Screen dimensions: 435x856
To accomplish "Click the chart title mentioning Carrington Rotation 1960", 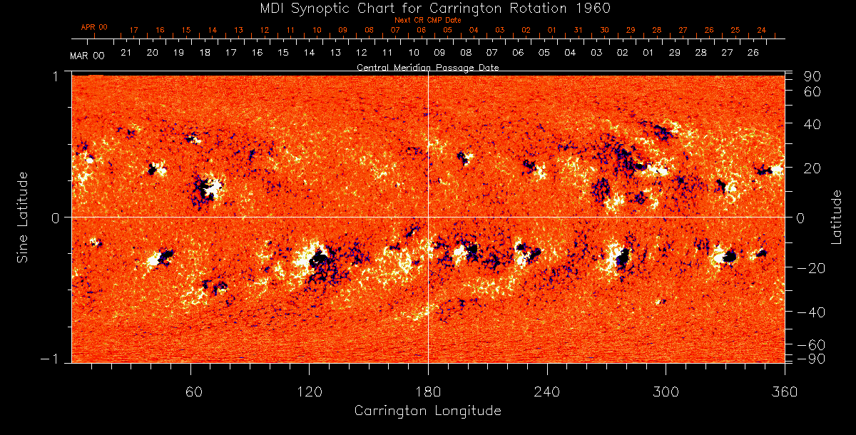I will pos(427,8).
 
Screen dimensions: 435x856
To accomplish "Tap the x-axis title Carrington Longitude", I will pos(427,411).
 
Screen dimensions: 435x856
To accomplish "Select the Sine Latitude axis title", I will pos(23,217).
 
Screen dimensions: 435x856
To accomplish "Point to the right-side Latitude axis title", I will pos(837,217).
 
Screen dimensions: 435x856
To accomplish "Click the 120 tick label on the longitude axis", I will pos(310,391).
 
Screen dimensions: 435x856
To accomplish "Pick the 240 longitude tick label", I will pos(547,391).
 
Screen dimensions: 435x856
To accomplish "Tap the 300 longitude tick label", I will pos(666,391).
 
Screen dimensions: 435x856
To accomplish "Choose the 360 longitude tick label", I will pos(784,391).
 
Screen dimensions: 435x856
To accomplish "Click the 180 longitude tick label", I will pos(428,391).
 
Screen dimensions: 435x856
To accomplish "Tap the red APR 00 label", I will pos(93,27).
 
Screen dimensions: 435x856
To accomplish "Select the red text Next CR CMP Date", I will pos(427,20).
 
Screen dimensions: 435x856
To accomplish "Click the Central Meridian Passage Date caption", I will pos(427,68).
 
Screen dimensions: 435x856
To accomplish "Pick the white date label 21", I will pos(126,53).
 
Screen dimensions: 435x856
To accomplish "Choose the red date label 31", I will pos(578,30).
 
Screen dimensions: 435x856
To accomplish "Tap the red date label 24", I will pos(761,30).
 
